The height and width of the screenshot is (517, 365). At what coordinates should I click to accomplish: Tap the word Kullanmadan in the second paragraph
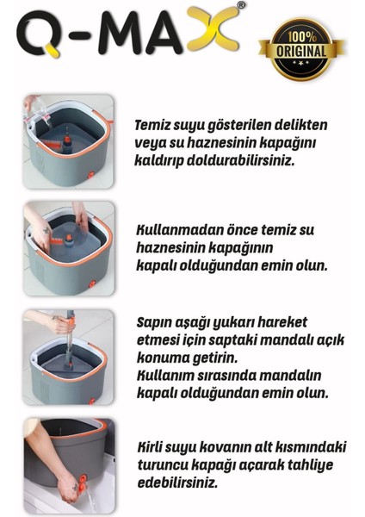pos(176,232)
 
